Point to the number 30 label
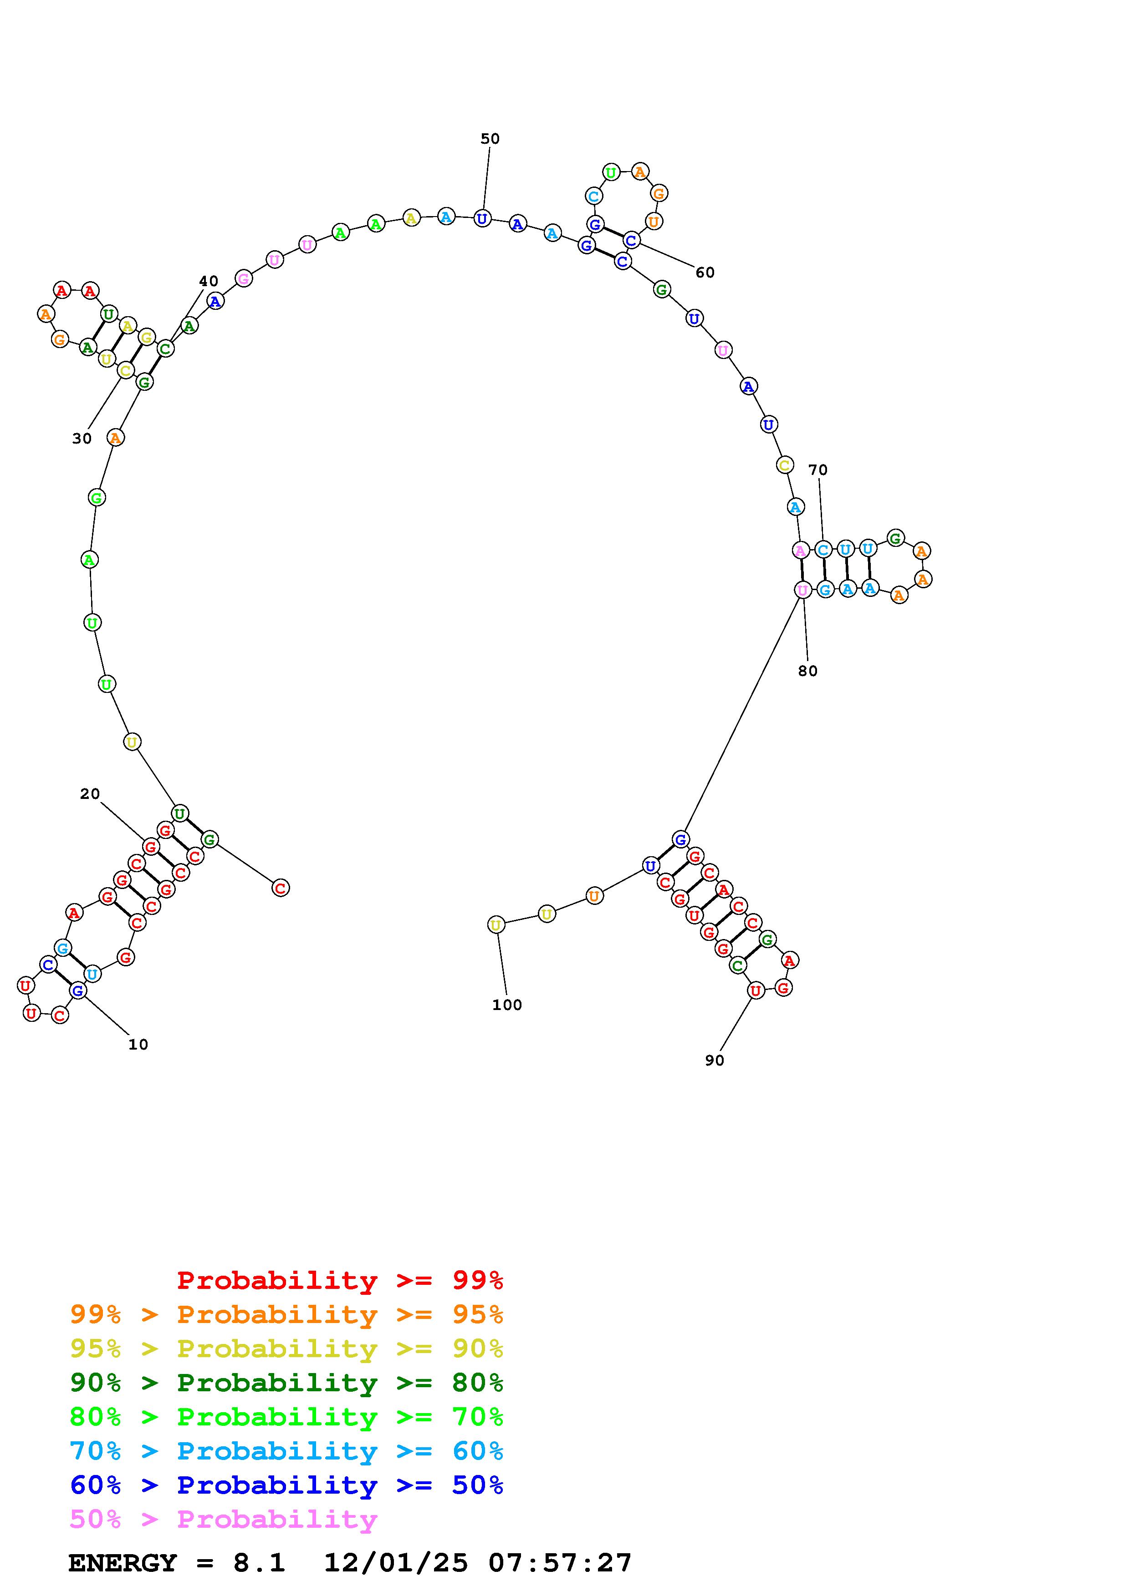coord(82,439)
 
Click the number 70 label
coord(818,470)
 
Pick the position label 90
coord(715,1061)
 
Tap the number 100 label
coord(506,1005)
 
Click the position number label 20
coord(90,794)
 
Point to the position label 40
coord(209,282)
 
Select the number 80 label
coord(807,672)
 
